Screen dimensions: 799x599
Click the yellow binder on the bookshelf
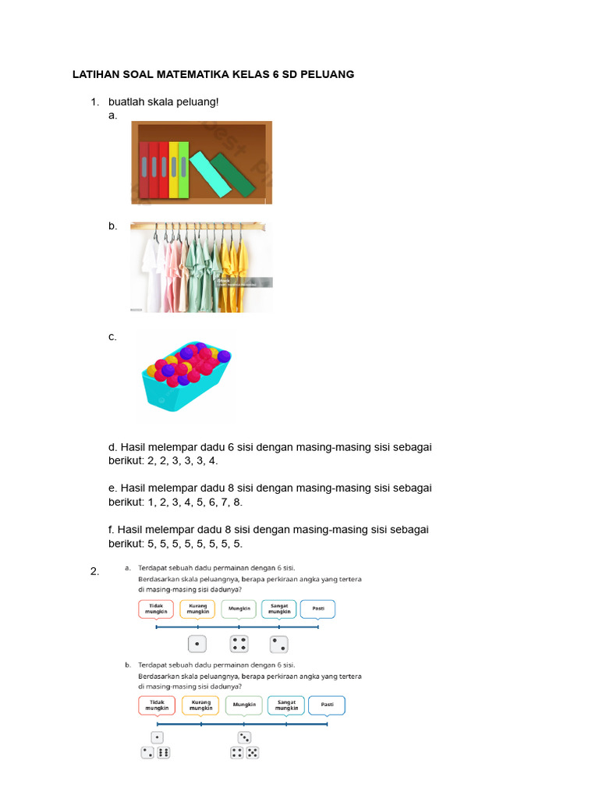point(174,169)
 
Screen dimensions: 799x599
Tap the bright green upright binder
point(183,169)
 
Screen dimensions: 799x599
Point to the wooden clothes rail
point(198,226)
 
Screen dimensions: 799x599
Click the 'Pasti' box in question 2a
point(318,609)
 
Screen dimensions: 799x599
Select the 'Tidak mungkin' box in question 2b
point(157,705)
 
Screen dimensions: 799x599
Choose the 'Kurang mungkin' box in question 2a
point(197,609)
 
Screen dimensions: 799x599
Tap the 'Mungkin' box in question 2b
point(244,705)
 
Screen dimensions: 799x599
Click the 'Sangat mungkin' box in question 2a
point(278,609)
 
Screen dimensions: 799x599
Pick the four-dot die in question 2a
point(239,645)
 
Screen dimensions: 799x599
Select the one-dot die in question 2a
point(198,645)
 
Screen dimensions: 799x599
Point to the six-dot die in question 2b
point(163,753)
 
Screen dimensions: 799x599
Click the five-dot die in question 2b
point(253,753)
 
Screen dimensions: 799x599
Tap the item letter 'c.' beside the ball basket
point(113,337)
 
